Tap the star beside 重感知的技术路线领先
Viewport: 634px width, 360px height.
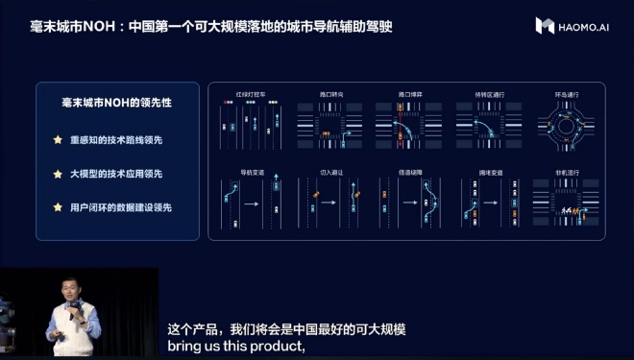(x=58, y=140)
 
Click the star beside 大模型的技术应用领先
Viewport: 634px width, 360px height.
(x=58, y=174)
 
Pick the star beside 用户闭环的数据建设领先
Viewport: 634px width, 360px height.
(x=58, y=207)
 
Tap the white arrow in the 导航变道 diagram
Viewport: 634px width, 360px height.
(x=252, y=204)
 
